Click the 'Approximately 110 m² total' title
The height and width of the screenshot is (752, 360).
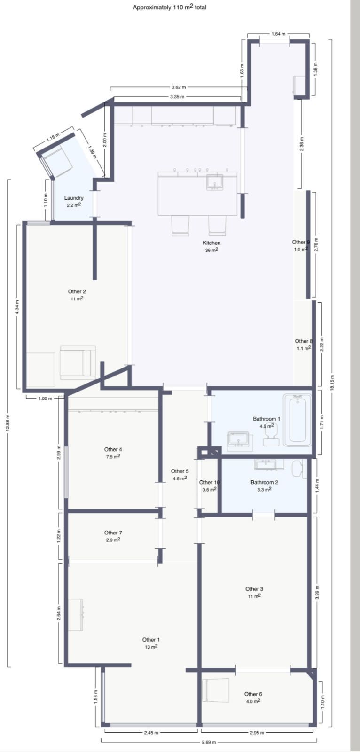[169, 8]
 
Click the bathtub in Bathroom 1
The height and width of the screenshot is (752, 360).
[297, 420]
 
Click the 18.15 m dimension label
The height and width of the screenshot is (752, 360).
[332, 383]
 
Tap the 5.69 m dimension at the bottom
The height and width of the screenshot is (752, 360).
[209, 742]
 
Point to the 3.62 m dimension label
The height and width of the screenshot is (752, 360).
[178, 87]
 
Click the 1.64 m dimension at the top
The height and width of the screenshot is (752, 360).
[278, 34]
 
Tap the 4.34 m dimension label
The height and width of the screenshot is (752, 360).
[17, 307]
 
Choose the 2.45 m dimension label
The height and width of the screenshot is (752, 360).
[151, 733]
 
